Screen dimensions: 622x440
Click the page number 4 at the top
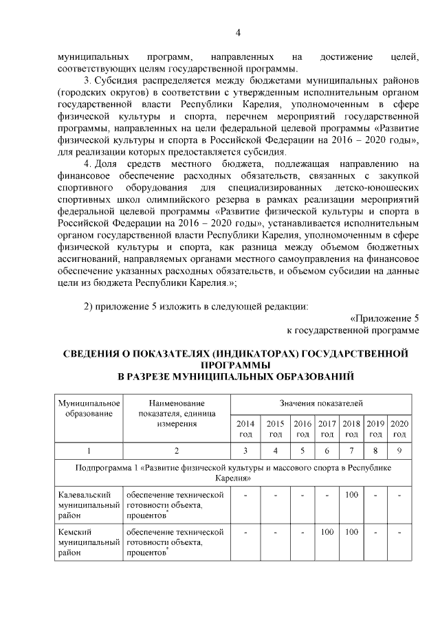[236, 33]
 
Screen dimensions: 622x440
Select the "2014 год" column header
[245, 429]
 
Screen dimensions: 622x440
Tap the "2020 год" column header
[399, 429]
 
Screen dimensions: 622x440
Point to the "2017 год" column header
[327, 429]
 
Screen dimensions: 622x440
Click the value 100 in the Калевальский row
[351, 495]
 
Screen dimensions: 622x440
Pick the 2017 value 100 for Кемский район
[327, 532]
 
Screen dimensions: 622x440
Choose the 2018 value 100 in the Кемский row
[351, 532]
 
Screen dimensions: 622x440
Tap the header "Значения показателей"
[321, 402]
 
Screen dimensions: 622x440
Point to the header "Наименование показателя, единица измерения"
[177, 412]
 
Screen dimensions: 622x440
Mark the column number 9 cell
[399, 451]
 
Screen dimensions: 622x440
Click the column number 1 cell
[89, 451]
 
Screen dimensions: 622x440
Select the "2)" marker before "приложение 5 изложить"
[89, 306]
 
